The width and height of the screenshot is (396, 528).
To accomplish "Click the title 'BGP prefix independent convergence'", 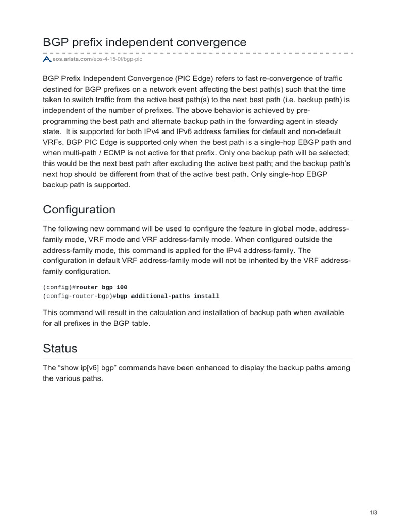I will (145, 41).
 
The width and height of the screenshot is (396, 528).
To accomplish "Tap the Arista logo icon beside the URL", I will (46, 60).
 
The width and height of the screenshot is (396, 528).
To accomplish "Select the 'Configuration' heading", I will (79, 210).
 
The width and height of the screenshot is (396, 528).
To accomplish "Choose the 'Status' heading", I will (60, 348).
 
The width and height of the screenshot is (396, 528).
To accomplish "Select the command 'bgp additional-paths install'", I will (168, 296).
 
